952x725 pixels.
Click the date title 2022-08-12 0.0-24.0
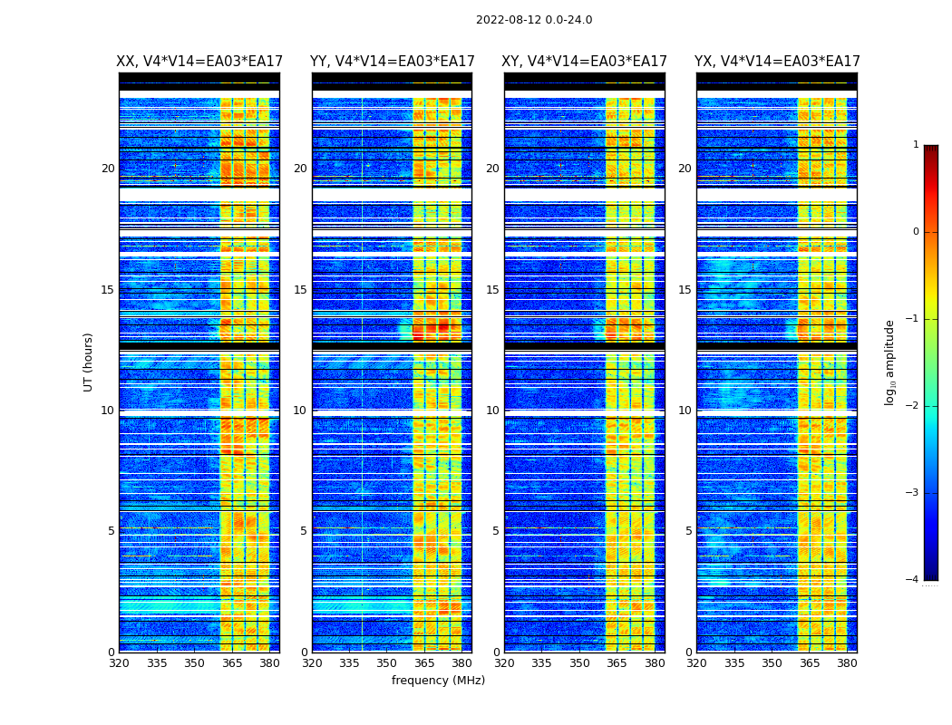point(534,20)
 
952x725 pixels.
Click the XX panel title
point(199,62)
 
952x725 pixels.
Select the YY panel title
point(392,62)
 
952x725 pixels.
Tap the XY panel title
point(585,62)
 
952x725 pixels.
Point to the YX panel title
point(777,62)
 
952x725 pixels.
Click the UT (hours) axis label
point(89,362)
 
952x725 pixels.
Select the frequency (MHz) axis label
point(438,681)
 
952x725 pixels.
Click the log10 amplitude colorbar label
point(890,362)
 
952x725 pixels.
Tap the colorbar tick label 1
point(915,145)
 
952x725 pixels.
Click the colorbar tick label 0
point(915,232)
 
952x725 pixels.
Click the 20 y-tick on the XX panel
point(108,169)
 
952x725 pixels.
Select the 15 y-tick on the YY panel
point(300,290)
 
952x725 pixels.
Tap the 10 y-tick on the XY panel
point(492,411)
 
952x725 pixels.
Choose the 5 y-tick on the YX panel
point(688,531)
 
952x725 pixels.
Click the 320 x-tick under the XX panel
point(119,663)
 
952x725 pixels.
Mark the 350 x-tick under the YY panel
point(387,663)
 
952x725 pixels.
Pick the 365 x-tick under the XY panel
point(617,663)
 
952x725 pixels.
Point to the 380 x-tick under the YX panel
point(847,663)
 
